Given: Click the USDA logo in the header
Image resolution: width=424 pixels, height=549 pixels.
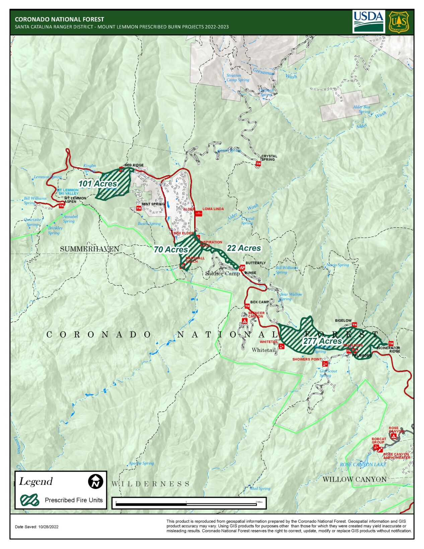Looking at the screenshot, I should tap(368, 21).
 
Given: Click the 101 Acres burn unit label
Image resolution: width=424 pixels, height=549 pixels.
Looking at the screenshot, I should tap(97, 184).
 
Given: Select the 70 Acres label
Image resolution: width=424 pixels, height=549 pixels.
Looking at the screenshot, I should tap(171, 250).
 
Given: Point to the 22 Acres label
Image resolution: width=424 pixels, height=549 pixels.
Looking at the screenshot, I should tap(243, 248).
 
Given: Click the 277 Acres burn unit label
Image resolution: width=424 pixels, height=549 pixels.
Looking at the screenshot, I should tap(322, 341).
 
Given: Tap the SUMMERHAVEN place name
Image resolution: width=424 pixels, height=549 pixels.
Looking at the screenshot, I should tap(89, 249).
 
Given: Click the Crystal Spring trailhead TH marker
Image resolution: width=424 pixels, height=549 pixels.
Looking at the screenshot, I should tap(258, 164).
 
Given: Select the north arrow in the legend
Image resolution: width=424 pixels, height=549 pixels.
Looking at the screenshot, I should tap(95, 481).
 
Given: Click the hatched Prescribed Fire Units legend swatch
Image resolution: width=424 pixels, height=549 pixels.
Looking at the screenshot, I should tap(30, 500).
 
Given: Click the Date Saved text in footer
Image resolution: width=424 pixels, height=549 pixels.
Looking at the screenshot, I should tap(37, 527).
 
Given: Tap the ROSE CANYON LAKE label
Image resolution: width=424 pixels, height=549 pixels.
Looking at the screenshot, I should tap(363, 465).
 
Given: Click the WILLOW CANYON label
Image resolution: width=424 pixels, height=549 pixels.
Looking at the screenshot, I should tap(354, 480).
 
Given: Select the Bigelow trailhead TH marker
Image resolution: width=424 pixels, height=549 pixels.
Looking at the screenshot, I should tap(354, 325).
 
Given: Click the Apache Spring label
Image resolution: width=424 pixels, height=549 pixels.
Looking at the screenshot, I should tap(141, 463).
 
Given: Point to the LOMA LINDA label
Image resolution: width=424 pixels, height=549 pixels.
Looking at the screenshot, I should tap(213, 209).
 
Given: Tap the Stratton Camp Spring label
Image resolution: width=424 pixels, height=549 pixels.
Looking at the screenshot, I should tap(238, 78).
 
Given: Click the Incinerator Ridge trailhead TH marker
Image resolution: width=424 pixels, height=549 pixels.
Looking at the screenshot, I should tap(391, 344).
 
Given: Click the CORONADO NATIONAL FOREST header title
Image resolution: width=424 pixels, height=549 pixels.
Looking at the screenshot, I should tap(59, 19).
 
